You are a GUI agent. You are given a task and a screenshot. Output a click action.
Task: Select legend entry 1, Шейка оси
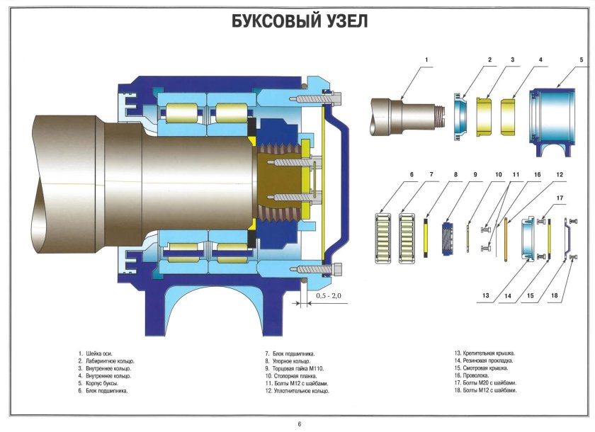[98, 353]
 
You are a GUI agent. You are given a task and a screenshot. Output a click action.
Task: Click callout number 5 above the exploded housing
[581, 60]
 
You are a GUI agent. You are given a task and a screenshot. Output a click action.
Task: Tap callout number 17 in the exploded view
[560, 198]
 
